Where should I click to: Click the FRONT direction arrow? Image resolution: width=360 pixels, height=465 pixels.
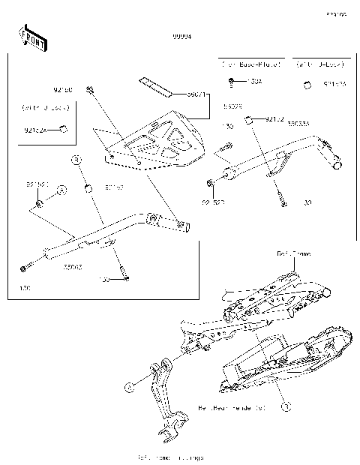tap(31, 37)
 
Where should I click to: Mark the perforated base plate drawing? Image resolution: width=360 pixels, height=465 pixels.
tap(154, 145)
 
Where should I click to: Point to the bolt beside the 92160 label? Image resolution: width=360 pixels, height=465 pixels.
tap(91, 91)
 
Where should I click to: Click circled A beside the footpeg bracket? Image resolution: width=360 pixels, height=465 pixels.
tap(128, 386)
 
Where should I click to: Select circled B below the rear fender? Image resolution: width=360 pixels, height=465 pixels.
tap(284, 406)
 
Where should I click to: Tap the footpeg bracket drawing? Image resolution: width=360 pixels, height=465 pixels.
tap(166, 405)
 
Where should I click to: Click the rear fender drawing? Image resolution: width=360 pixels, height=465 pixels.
tap(277, 360)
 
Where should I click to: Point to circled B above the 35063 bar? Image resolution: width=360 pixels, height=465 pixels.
tap(76, 160)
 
